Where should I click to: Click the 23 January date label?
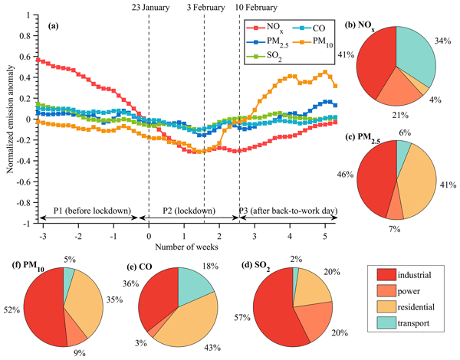coord(149,8)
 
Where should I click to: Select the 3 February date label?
coord(204,8)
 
